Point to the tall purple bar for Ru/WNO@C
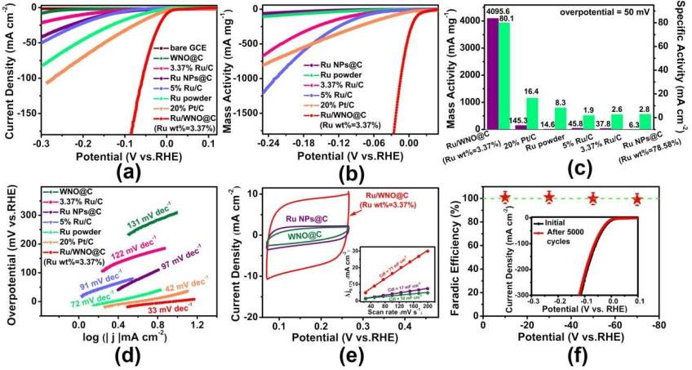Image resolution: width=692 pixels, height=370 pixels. click(x=493, y=74)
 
